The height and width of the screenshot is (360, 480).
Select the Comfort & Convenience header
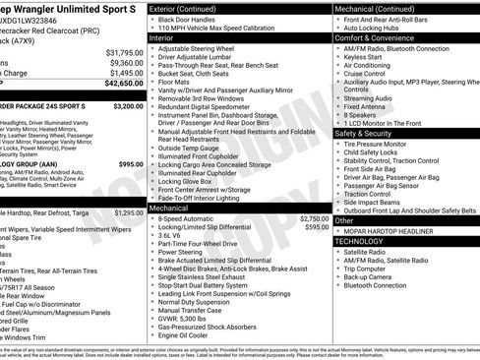click(x=377, y=35)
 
